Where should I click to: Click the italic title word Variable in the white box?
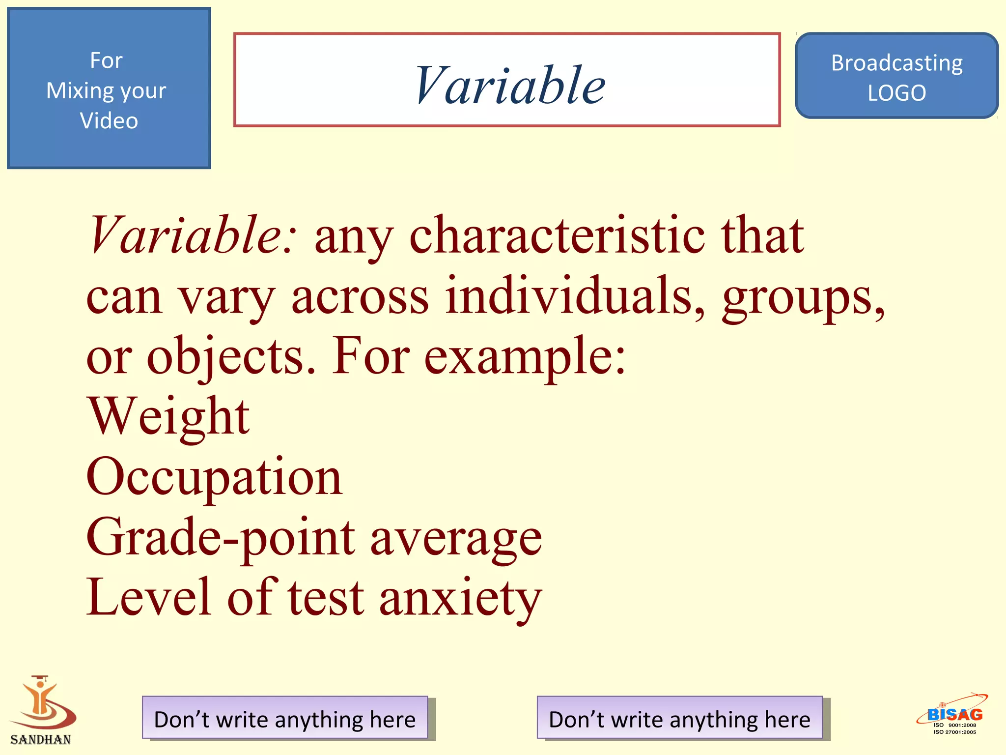pos(509,86)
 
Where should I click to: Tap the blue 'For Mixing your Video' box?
pos(109,89)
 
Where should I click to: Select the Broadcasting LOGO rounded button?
pos(896,77)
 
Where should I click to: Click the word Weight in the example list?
pos(168,417)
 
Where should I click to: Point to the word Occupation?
pos(214,477)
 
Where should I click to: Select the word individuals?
pos(575,296)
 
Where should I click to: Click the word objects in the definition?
pos(230,356)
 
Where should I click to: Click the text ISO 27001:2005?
pos(954,732)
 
